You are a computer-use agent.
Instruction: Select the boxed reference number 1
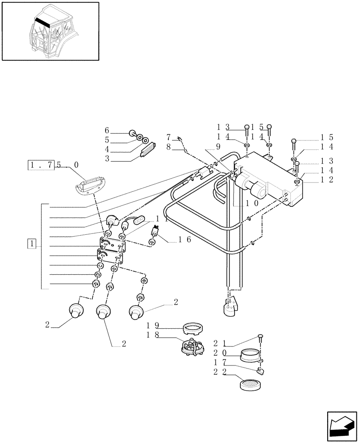[x=31, y=244]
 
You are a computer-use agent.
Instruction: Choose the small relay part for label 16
[x=155, y=230]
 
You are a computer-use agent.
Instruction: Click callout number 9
[x=218, y=146]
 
